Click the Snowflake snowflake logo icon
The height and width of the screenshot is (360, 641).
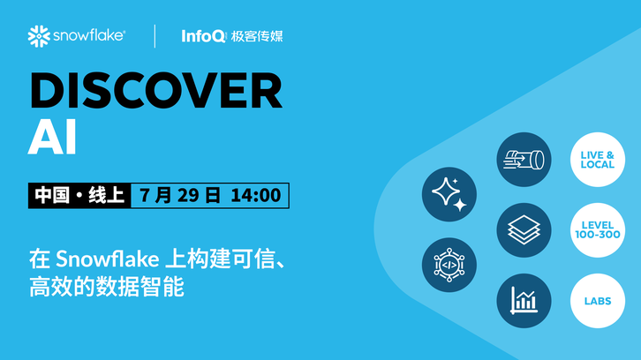[x=39, y=36]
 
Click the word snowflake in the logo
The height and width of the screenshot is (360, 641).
[x=88, y=35]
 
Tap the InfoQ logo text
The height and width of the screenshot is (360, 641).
[x=203, y=36]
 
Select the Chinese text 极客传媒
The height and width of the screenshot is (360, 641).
[x=257, y=36]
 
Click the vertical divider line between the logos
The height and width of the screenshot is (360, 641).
[x=155, y=36]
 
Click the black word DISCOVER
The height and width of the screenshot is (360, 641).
[x=155, y=90]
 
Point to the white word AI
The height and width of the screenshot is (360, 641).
[x=52, y=137]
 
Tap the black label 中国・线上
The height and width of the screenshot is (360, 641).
[x=79, y=195]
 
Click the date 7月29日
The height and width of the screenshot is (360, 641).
[x=180, y=195]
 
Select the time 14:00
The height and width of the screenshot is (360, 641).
[x=256, y=195]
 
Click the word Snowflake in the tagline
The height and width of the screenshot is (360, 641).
[x=108, y=259]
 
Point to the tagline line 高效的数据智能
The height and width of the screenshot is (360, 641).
[x=107, y=287]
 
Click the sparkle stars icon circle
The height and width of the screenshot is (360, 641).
[x=449, y=194]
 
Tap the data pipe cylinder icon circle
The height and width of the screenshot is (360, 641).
[x=524, y=160]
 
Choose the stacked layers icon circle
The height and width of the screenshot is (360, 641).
[x=524, y=230]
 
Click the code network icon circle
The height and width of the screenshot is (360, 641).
[x=449, y=265]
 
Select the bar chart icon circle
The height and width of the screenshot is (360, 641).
[x=524, y=301]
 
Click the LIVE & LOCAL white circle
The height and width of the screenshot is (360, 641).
[x=598, y=160]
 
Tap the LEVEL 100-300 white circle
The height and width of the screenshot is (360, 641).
[x=598, y=230]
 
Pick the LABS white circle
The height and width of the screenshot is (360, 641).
[x=598, y=301]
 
